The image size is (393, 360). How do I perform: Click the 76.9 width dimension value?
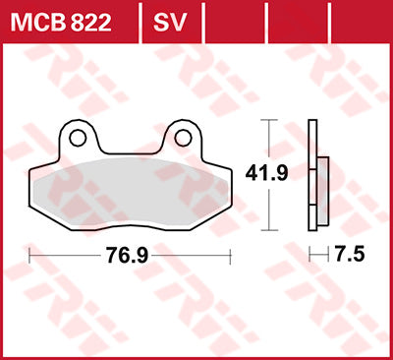tap(130, 255)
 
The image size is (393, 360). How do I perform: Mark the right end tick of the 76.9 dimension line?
tap(230, 255)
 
